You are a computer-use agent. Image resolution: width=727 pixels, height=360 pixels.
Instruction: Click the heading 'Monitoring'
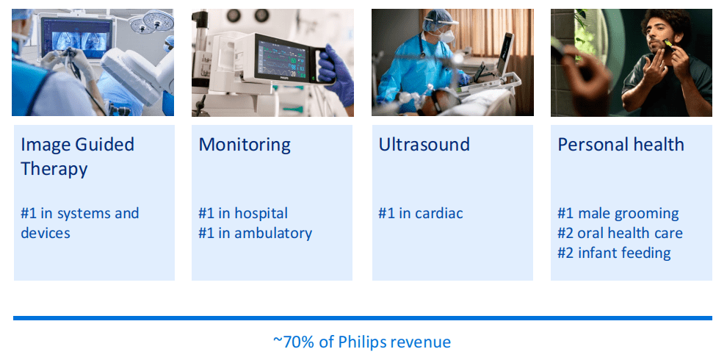coord(245,145)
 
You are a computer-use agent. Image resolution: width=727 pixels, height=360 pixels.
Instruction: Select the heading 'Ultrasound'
coord(424,144)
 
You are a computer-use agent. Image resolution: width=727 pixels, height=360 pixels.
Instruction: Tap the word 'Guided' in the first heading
coord(105,144)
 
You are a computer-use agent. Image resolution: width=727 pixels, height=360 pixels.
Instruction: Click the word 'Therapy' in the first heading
coord(54,168)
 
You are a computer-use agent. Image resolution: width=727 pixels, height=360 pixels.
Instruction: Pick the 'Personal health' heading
coord(621,144)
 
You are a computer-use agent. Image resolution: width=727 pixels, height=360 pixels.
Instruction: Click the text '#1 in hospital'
coord(243,213)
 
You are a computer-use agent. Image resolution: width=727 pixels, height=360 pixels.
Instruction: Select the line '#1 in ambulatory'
coord(255,233)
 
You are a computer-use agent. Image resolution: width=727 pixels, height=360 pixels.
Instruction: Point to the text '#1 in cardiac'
coord(421,213)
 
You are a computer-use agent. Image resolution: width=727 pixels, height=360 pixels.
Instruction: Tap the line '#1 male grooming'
coord(618,214)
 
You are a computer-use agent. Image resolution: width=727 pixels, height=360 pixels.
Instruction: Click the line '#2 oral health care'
coord(620,233)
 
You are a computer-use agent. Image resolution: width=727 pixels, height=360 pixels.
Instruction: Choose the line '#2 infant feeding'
coord(614,253)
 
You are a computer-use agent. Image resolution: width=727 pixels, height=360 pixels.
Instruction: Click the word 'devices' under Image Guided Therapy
coord(46,233)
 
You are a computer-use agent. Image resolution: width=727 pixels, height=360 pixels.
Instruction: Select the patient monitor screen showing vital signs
coord(283,60)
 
